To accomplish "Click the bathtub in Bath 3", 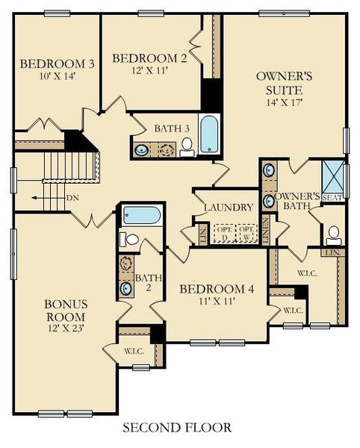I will point(208,132).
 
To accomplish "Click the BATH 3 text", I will point(173,128).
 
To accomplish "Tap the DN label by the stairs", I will point(72,198).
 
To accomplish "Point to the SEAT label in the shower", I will point(332,197).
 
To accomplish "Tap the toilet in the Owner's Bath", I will point(333,235).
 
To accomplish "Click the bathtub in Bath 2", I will point(142,216).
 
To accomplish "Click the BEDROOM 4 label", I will point(214,289).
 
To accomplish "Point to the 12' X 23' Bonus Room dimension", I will point(66,329).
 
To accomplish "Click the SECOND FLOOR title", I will point(176,428).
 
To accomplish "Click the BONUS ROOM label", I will point(66,311).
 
